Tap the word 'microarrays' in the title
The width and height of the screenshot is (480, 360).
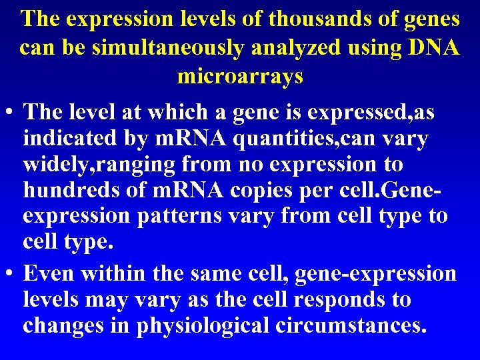(240, 77)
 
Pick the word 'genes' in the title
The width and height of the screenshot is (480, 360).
(430, 19)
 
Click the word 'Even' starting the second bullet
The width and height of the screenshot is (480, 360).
(47, 274)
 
